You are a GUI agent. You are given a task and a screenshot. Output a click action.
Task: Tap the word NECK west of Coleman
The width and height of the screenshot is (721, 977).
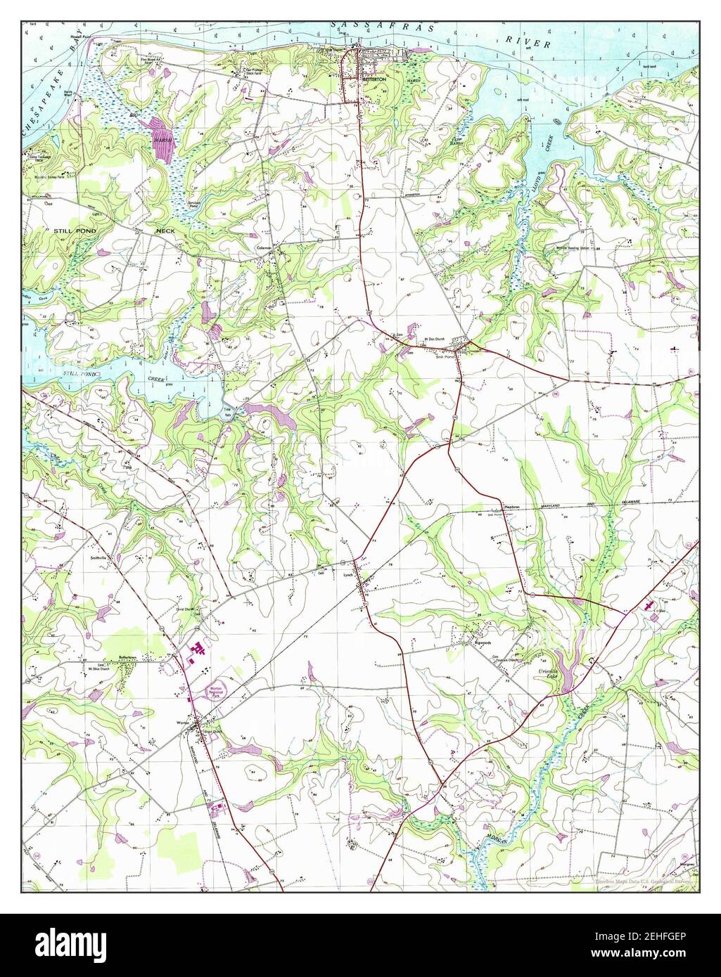click(169, 231)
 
